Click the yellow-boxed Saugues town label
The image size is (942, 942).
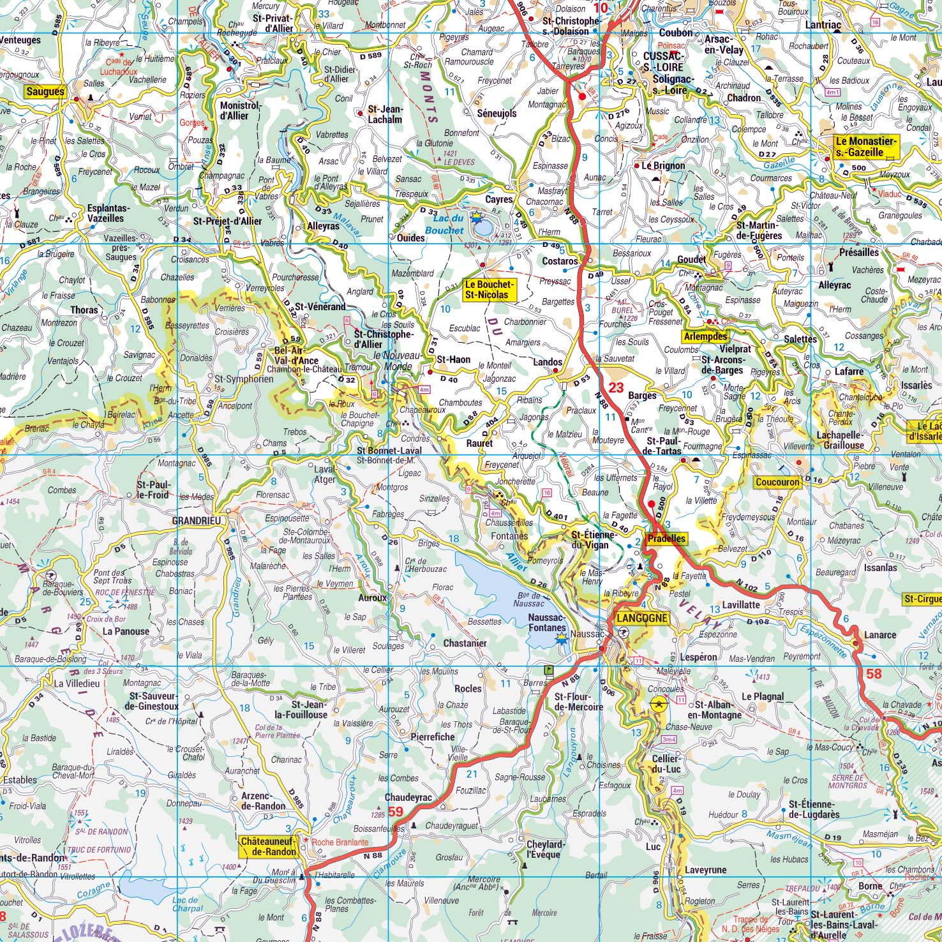[x=45, y=92]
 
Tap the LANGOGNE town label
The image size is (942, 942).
[x=641, y=618]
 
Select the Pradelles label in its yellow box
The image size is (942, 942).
[x=666, y=539]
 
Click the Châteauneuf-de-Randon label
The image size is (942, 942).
[x=269, y=846]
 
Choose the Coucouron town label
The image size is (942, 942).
[x=777, y=482]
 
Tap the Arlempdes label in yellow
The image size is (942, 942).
[x=705, y=336]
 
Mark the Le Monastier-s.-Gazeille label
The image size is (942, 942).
[x=866, y=147]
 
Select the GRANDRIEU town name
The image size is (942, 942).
[x=197, y=521]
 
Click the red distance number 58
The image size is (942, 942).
[x=874, y=673]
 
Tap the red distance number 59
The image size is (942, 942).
[x=396, y=812]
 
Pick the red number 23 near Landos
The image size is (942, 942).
[x=616, y=387]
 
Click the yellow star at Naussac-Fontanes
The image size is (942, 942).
[x=561, y=638]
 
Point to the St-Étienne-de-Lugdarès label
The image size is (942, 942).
[x=814, y=809]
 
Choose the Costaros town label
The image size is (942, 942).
[x=560, y=261]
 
